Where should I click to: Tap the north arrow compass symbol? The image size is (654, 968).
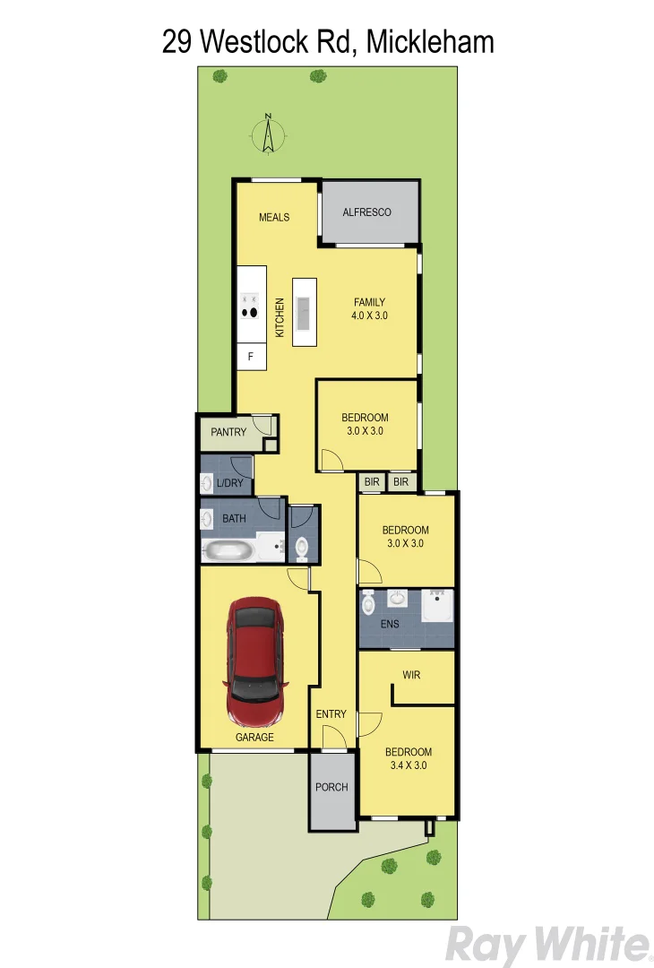266,134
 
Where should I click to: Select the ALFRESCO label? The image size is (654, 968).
367,212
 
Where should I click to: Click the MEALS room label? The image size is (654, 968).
274,217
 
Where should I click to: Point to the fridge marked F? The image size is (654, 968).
251,358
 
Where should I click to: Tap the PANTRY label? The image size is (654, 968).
228,432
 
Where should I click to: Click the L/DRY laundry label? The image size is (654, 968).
229,484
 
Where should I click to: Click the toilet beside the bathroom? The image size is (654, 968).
301,545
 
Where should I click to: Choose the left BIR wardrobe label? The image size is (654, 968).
372,482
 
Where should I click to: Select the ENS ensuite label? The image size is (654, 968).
389,624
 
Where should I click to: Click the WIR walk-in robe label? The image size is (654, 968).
411,674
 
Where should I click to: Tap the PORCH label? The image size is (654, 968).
331,787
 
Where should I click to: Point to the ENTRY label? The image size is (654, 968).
331,713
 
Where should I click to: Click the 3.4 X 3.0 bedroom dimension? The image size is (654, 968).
408,765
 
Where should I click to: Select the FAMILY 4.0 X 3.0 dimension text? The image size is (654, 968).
369,315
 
